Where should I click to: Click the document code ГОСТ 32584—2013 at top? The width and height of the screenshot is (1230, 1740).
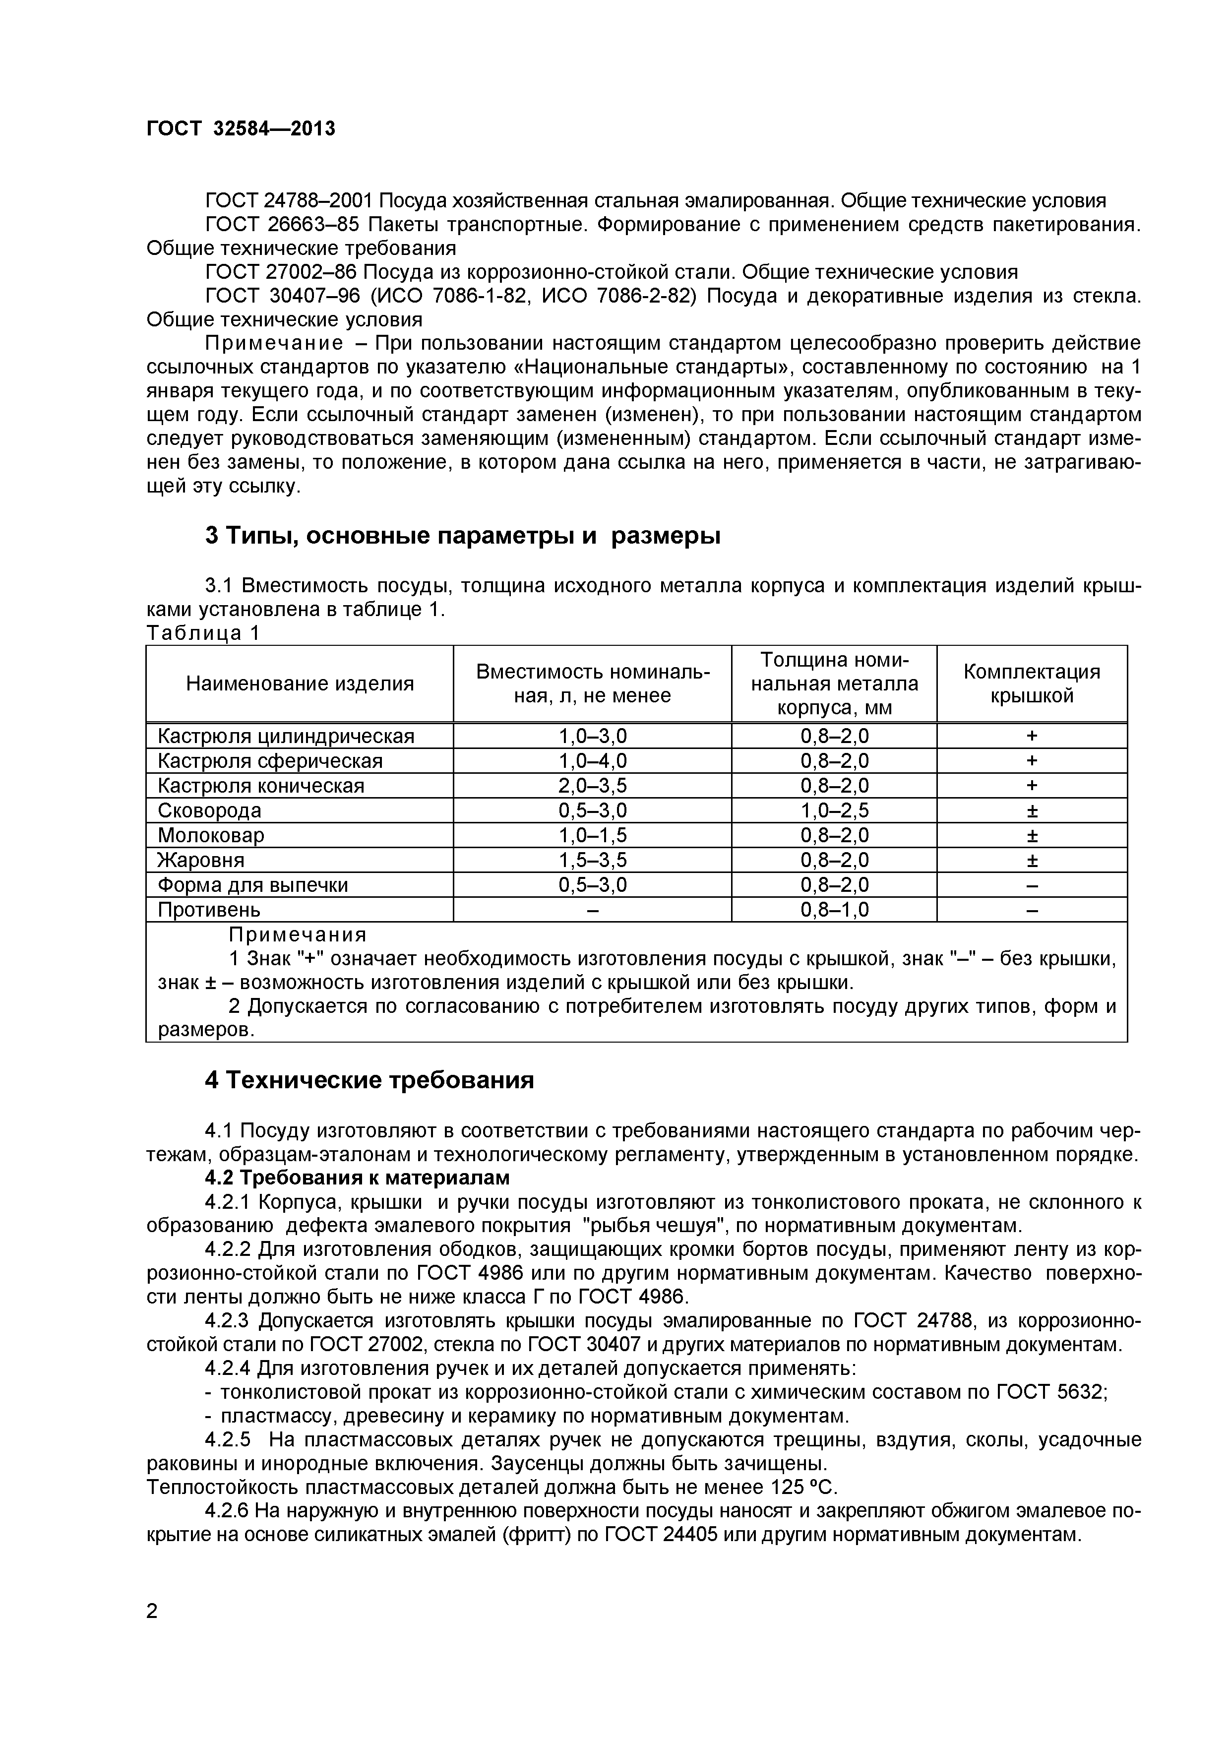240,129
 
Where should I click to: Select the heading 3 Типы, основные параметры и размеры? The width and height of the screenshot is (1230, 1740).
462,536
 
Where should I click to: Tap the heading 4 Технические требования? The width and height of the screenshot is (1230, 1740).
369,1080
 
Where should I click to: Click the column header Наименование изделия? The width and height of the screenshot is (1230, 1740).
300,684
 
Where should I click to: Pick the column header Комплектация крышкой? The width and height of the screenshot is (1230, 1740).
1032,684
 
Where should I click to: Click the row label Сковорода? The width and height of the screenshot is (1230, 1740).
209,811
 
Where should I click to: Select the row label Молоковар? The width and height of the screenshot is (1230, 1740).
211,835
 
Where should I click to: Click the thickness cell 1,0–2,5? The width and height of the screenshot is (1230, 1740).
834,811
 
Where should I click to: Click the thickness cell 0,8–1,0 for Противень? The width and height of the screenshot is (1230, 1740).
834,909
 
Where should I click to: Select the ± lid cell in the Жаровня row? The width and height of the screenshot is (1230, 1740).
1032,860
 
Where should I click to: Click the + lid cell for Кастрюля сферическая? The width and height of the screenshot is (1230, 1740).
1032,761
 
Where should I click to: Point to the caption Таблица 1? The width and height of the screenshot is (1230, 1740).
202,633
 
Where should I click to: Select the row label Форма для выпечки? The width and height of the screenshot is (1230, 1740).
252,885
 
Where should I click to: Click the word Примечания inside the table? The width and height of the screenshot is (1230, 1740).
297,934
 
